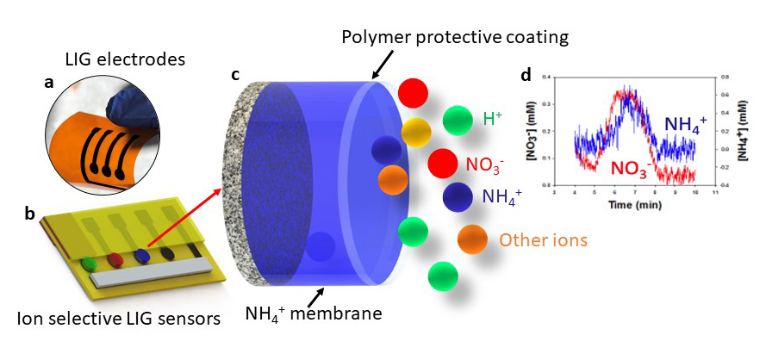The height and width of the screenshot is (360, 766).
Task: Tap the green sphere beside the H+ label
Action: [x=458, y=120]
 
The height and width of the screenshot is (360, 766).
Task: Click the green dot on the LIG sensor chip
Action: [x=90, y=261]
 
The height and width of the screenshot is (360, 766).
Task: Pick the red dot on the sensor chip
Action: [x=115, y=258]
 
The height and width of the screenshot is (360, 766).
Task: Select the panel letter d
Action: [x=526, y=75]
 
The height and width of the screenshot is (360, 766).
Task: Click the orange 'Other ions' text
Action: [x=543, y=239]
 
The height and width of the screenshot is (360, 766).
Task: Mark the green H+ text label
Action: [x=494, y=119]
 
